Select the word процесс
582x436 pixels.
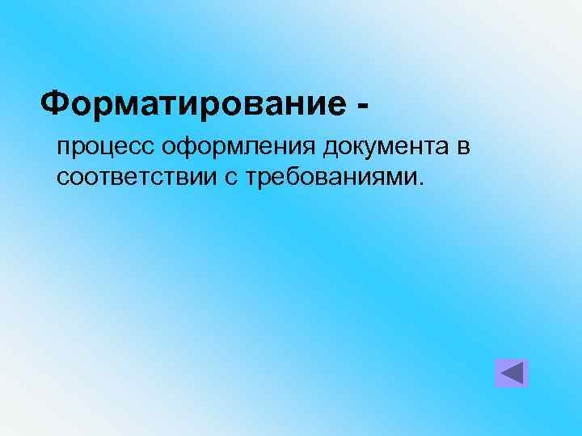tap(106, 149)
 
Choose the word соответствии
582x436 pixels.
tap(135, 177)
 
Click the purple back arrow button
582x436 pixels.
tap(511, 373)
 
